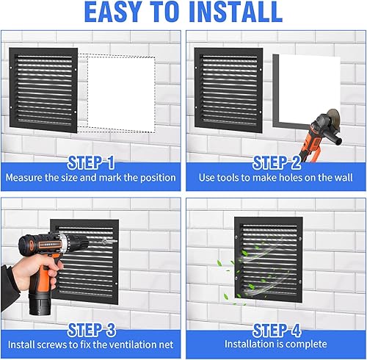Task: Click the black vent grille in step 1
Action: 44,88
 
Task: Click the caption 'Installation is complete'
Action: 276,344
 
